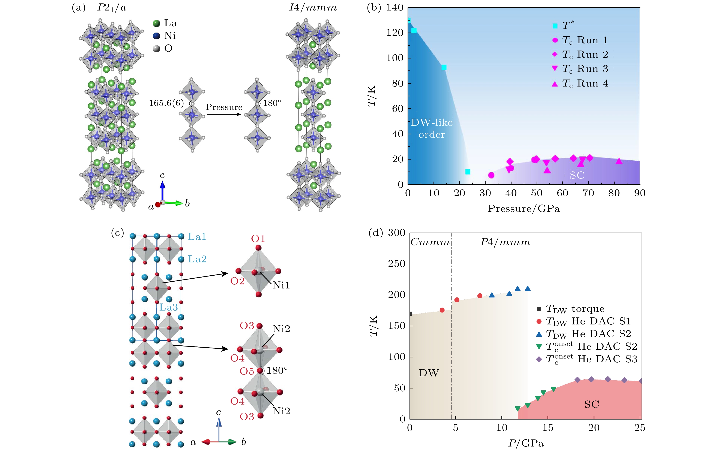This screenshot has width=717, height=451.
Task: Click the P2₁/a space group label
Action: tap(112, 8)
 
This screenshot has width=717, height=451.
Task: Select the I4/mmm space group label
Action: tap(313, 8)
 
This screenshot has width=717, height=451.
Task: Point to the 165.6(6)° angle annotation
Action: tap(168, 103)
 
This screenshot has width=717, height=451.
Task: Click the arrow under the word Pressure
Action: tap(224, 114)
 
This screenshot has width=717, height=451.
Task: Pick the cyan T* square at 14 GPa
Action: tap(444, 67)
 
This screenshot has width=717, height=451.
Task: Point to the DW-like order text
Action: tap(432, 128)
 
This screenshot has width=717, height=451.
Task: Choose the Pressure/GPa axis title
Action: tap(524, 209)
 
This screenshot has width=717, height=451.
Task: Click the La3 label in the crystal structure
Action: tap(168, 307)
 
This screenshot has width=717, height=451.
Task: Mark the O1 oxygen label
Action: tap(258, 239)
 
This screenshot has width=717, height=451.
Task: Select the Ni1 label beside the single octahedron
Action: tap(281, 285)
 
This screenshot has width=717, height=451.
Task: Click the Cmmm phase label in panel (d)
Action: tap(430, 242)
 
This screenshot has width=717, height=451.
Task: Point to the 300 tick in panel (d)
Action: tap(396, 233)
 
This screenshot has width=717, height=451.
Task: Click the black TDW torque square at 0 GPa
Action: tap(410, 314)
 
